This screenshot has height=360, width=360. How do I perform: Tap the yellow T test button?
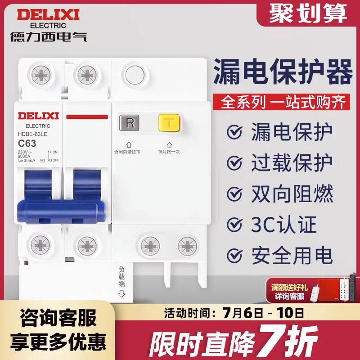pyautogui.click(x=169, y=123)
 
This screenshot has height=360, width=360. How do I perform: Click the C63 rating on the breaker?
pyautogui.click(x=27, y=144)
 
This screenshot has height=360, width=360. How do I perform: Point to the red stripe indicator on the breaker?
pyautogui.click(x=87, y=117)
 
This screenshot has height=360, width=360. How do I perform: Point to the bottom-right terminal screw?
pyautogui.click(x=187, y=246)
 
